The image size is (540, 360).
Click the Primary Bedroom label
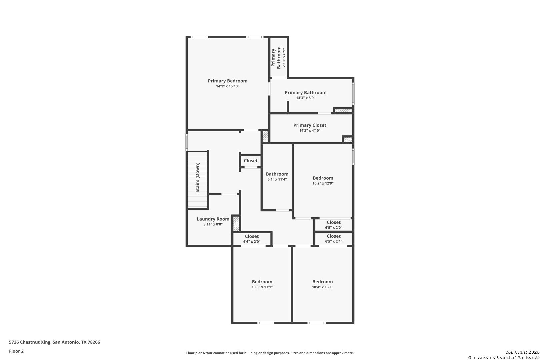[x=228, y=81]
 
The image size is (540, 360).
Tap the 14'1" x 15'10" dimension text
[x=228, y=86]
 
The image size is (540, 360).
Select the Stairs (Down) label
[x=197, y=177]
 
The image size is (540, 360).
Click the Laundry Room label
[x=213, y=219]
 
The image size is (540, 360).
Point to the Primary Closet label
[x=310, y=125]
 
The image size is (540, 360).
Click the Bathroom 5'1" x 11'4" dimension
[x=277, y=179]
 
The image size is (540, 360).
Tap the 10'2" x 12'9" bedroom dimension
[x=323, y=183]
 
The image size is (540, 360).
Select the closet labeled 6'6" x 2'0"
[x=252, y=242]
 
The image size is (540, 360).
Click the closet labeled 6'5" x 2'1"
[x=334, y=241]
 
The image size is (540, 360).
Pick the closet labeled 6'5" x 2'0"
[x=334, y=228]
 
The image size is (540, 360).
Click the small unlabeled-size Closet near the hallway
[x=251, y=161]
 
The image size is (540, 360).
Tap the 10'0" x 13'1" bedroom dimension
[x=262, y=287]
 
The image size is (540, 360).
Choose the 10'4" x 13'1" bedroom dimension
[x=322, y=287]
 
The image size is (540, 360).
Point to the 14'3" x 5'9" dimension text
[x=306, y=98]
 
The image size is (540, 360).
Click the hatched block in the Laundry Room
[x=236, y=224]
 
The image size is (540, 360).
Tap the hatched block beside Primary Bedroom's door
[x=265, y=137]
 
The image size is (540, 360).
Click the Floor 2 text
[x=16, y=351]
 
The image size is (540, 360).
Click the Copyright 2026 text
[x=522, y=352]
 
